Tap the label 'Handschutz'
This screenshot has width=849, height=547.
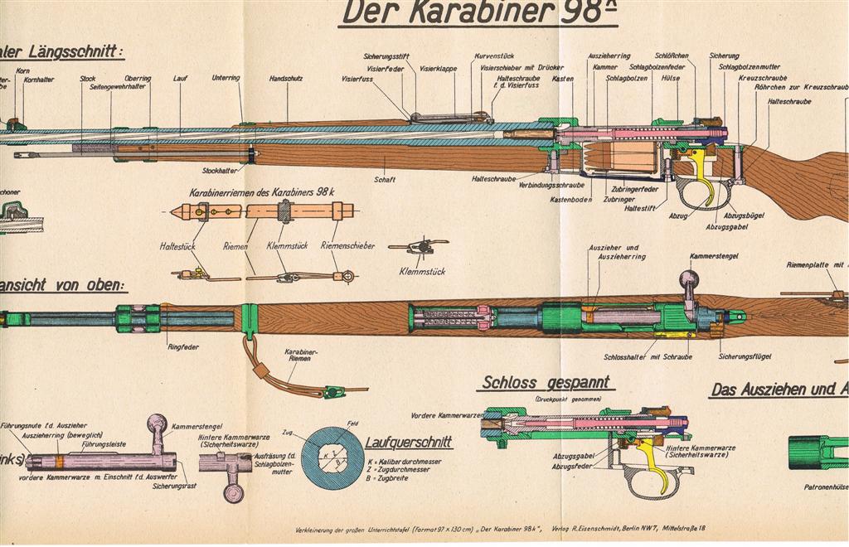284,79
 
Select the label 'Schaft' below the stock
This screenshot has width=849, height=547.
384,179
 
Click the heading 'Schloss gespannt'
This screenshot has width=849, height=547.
545,383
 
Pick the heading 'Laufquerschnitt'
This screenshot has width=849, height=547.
409,443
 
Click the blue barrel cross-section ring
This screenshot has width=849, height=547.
332,458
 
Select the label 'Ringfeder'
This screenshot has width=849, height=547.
182,346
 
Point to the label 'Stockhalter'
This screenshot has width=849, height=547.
219,171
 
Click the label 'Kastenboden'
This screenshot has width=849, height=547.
571,200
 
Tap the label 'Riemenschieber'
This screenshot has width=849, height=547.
347,245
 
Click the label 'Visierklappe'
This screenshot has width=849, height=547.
438,69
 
